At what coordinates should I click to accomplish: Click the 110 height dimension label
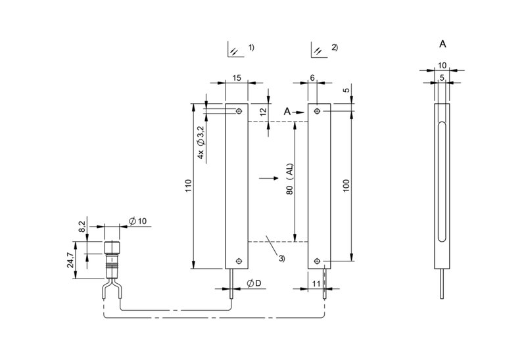[188, 186]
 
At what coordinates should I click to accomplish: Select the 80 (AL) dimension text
[290, 179]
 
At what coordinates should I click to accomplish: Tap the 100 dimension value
[347, 186]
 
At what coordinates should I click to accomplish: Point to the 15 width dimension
[237, 78]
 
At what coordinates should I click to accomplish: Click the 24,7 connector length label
[70, 260]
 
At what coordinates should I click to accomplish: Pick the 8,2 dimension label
[82, 226]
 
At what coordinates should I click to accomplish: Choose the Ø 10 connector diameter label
[138, 221]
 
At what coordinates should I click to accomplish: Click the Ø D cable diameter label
[254, 284]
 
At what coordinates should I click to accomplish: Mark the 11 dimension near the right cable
[316, 284]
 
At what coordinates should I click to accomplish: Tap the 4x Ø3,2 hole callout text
[201, 142]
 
